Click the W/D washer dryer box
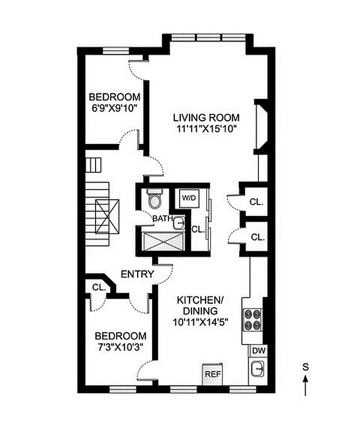pos(188,198)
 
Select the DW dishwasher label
pos(257,350)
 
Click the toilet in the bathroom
pos(154,200)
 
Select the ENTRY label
pos(137,274)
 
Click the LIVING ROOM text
pos(206,118)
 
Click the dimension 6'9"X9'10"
pos(114,108)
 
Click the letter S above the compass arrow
pos(305,367)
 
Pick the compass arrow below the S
pos(305,386)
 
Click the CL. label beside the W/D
pos(198,229)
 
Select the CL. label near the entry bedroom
pos(98,288)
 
